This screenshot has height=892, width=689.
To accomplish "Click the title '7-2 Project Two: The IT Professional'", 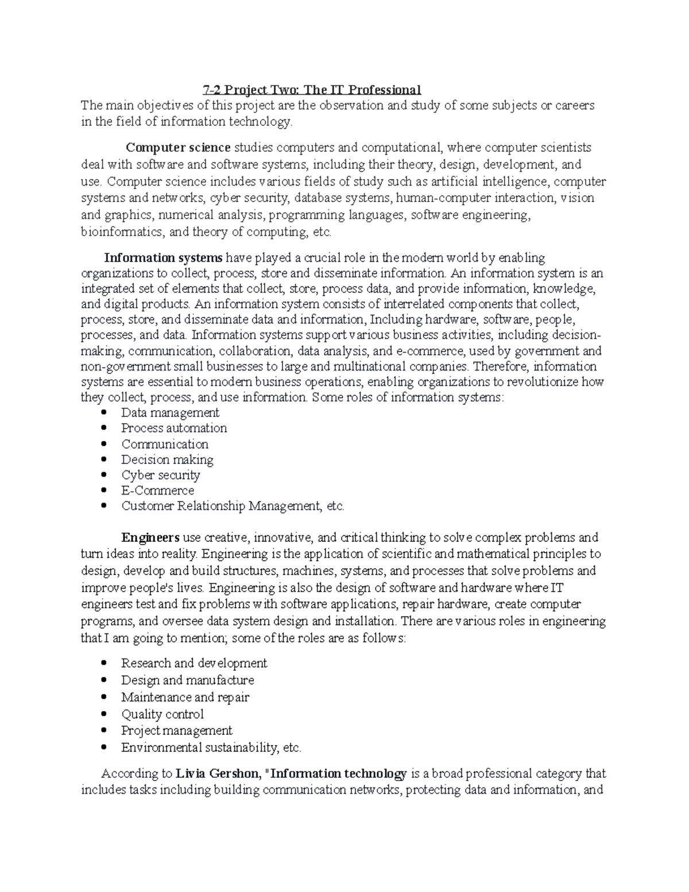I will tap(312, 90).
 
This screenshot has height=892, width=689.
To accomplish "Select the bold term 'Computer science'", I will tap(179, 148).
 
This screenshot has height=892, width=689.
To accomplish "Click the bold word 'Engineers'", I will tap(150, 538).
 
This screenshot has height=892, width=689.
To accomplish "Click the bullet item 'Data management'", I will tap(170, 412).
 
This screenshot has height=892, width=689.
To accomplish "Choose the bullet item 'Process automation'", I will tap(174, 428).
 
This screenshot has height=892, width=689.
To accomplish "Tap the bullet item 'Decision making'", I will tap(167, 459).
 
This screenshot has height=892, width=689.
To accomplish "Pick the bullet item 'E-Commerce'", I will tap(157, 491).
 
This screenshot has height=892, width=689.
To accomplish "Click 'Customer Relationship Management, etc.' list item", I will tap(233, 506).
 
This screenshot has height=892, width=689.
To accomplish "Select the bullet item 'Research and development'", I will tap(194, 663).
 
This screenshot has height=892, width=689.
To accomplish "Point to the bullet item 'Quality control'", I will tap(162, 715).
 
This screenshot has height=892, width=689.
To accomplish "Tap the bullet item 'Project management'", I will tap(177, 731).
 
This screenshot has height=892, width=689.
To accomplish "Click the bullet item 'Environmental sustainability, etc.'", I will tap(211, 748).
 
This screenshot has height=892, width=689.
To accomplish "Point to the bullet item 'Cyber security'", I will tap(161, 475).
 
